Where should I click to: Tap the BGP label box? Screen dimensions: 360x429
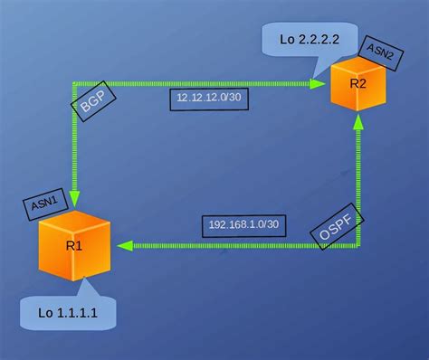94,106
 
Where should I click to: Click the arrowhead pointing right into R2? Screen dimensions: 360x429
318,83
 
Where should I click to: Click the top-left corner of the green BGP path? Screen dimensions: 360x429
73,83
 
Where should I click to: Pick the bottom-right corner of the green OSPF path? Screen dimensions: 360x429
358,245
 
